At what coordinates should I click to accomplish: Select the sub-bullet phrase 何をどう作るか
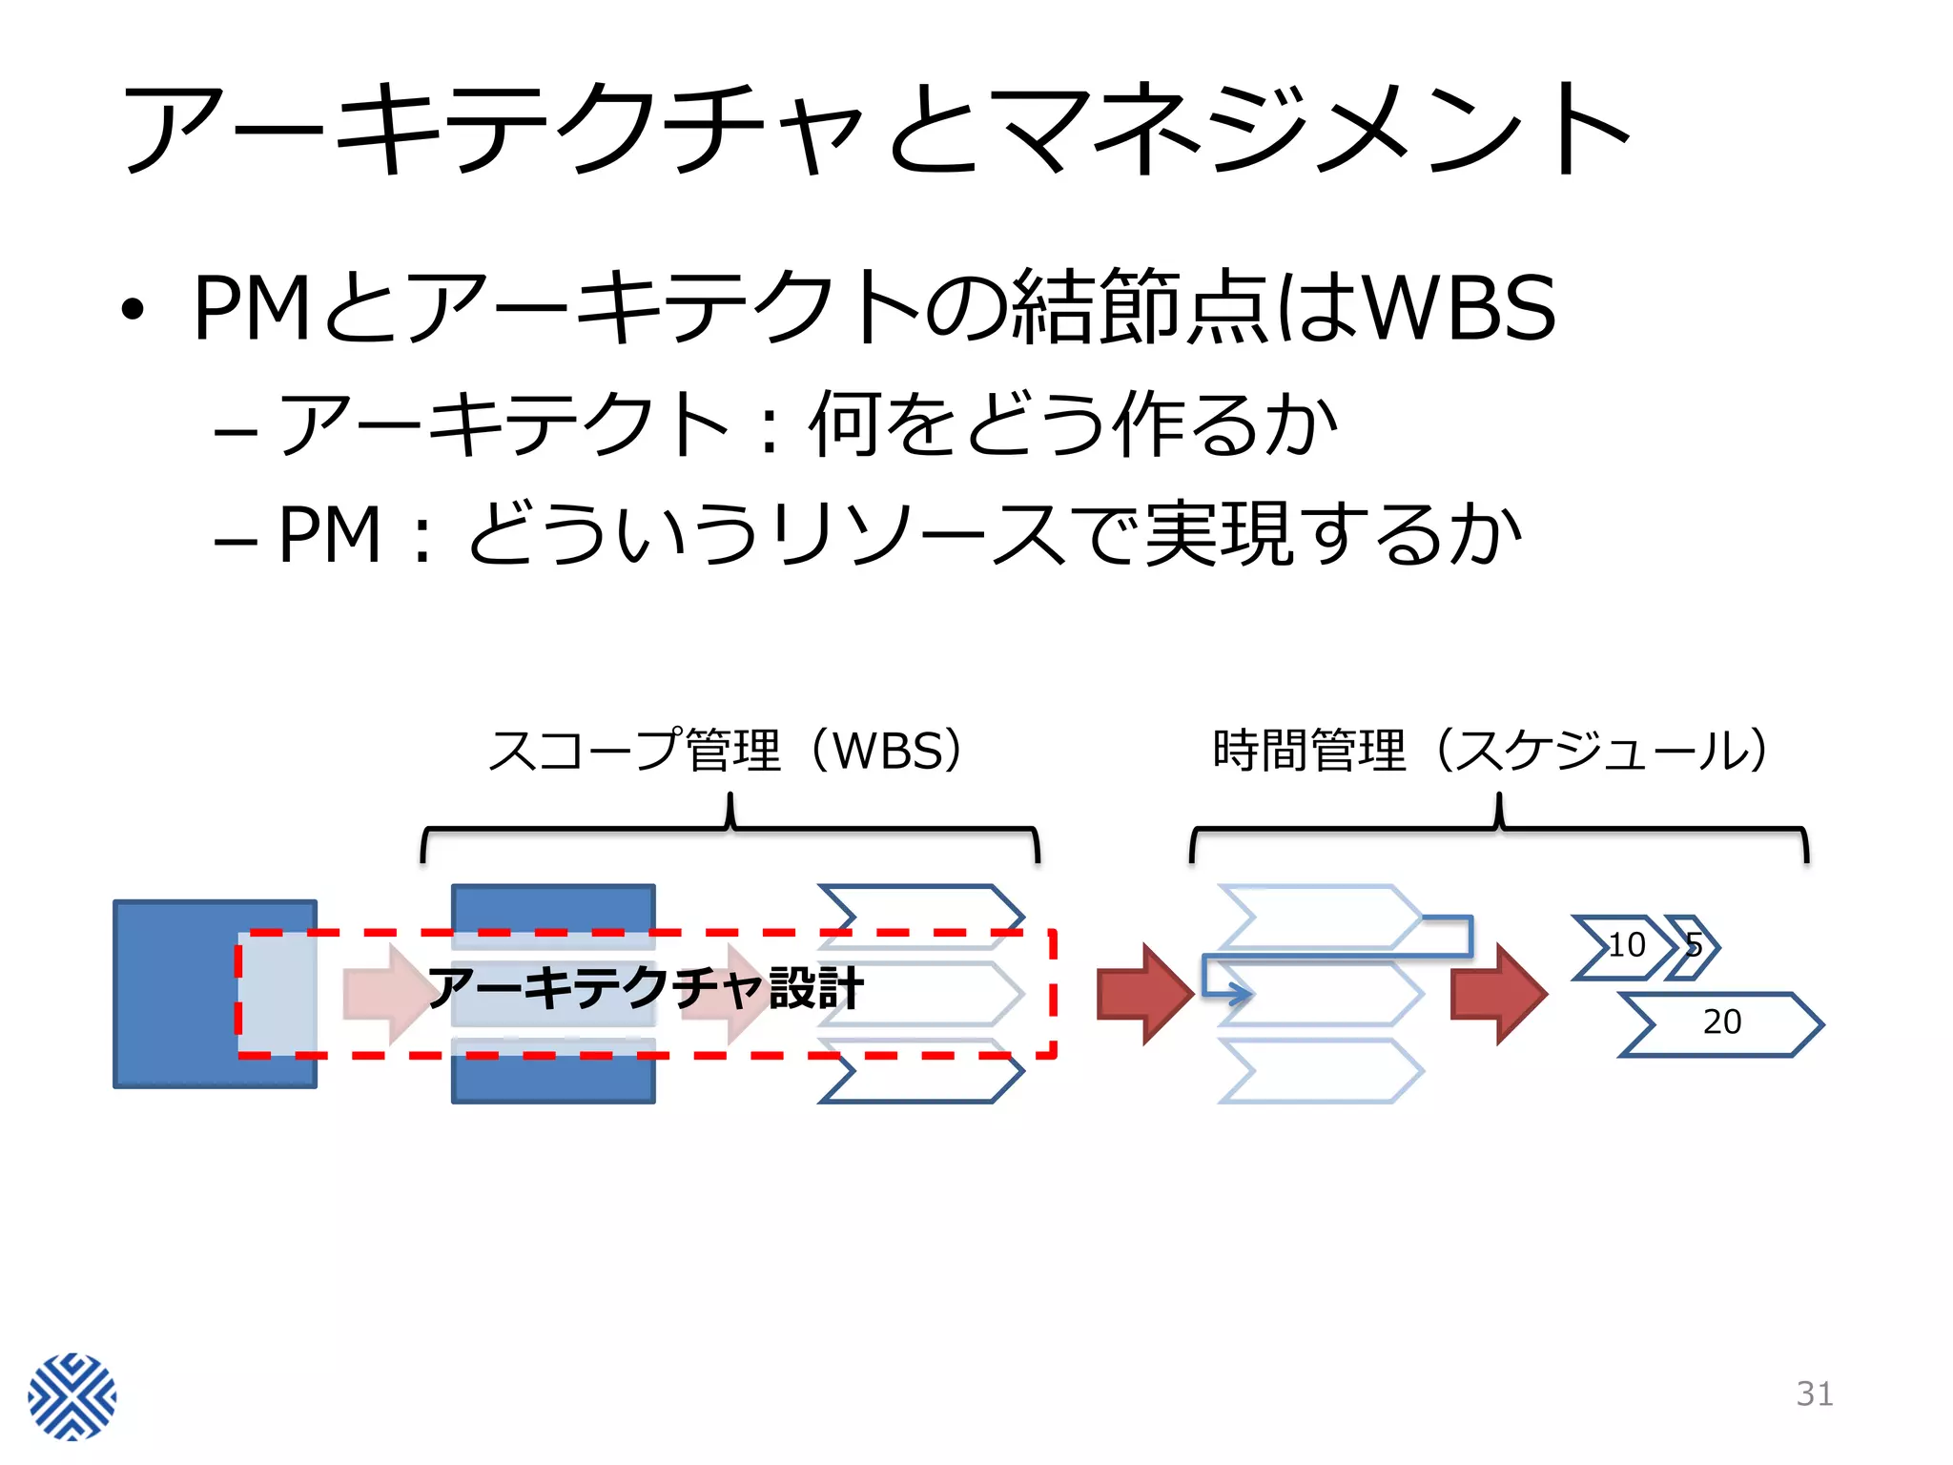[1073, 424]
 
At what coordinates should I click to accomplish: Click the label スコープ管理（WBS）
[730, 751]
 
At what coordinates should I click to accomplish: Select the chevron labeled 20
[1720, 1023]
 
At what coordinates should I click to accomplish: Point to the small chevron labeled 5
[1694, 946]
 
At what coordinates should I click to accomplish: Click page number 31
[1814, 1393]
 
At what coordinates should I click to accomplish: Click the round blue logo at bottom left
[72, 1395]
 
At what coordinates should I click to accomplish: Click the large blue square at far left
[176, 992]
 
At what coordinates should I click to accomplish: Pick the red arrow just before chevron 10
[1498, 994]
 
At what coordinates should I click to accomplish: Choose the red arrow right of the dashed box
[1144, 994]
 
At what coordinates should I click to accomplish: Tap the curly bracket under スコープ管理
[730, 829]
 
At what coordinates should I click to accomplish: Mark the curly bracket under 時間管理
[1498, 829]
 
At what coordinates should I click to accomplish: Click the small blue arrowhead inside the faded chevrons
[1239, 994]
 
